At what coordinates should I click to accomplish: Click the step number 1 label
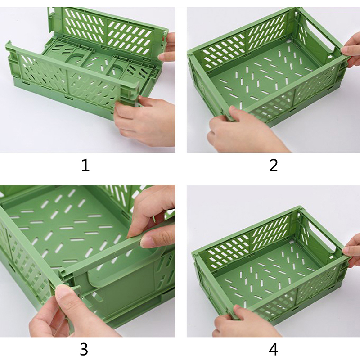tap(85, 166)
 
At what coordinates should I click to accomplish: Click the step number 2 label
tap(273, 166)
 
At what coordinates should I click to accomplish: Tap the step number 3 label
tap(84, 350)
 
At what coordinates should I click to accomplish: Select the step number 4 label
tap(273, 350)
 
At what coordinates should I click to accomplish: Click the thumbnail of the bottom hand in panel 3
tap(63, 291)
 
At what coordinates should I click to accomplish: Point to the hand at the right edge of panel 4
tap(351, 252)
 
